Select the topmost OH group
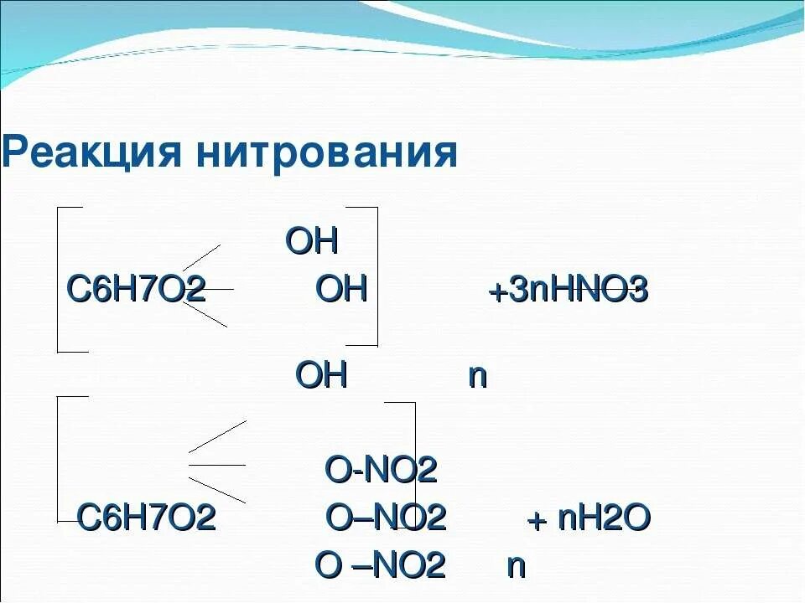click(312, 242)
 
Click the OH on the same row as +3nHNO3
click(342, 290)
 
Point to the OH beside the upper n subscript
click(321, 375)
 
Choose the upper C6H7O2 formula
click(136, 291)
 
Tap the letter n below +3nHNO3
click(477, 376)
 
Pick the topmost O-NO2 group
click(381, 472)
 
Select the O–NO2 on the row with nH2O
click(385, 518)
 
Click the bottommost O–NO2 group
click(379, 565)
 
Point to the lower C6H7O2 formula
click(147, 518)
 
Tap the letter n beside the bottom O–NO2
click(516, 566)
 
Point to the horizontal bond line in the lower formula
click(216, 464)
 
